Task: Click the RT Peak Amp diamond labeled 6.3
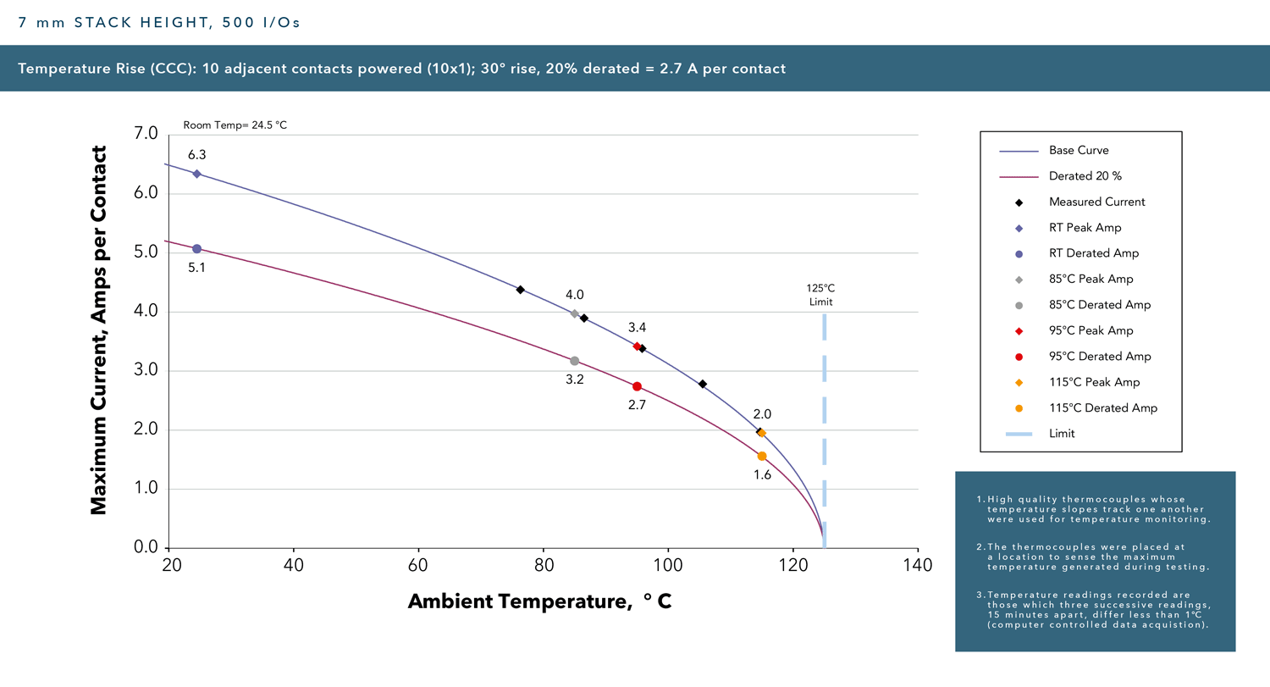click(x=196, y=174)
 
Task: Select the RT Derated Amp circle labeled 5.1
click(x=196, y=248)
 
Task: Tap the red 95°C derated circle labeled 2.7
click(x=637, y=386)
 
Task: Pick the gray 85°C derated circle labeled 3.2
click(x=575, y=361)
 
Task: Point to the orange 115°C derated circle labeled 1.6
click(x=762, y=456)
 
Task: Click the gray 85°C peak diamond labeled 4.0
click(x=575, y=313)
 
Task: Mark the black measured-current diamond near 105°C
click(x=703, y=384)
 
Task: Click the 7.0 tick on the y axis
click(x=146, y=134)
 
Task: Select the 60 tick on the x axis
click(x=418, y=564)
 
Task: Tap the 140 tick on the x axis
click(x=918, y=564)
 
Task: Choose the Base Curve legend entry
click(x=1079, y=151)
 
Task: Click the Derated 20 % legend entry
click(x=1085, y=176)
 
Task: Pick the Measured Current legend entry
click(x=1096, y=202)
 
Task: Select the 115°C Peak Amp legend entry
click(x=1094, y=382)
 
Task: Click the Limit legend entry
click(x=1062, y=434)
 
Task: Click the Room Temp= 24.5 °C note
click(x=235, y=125)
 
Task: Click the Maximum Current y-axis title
click(x=99, y=330)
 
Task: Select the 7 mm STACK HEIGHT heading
click(x=159, y=23)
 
